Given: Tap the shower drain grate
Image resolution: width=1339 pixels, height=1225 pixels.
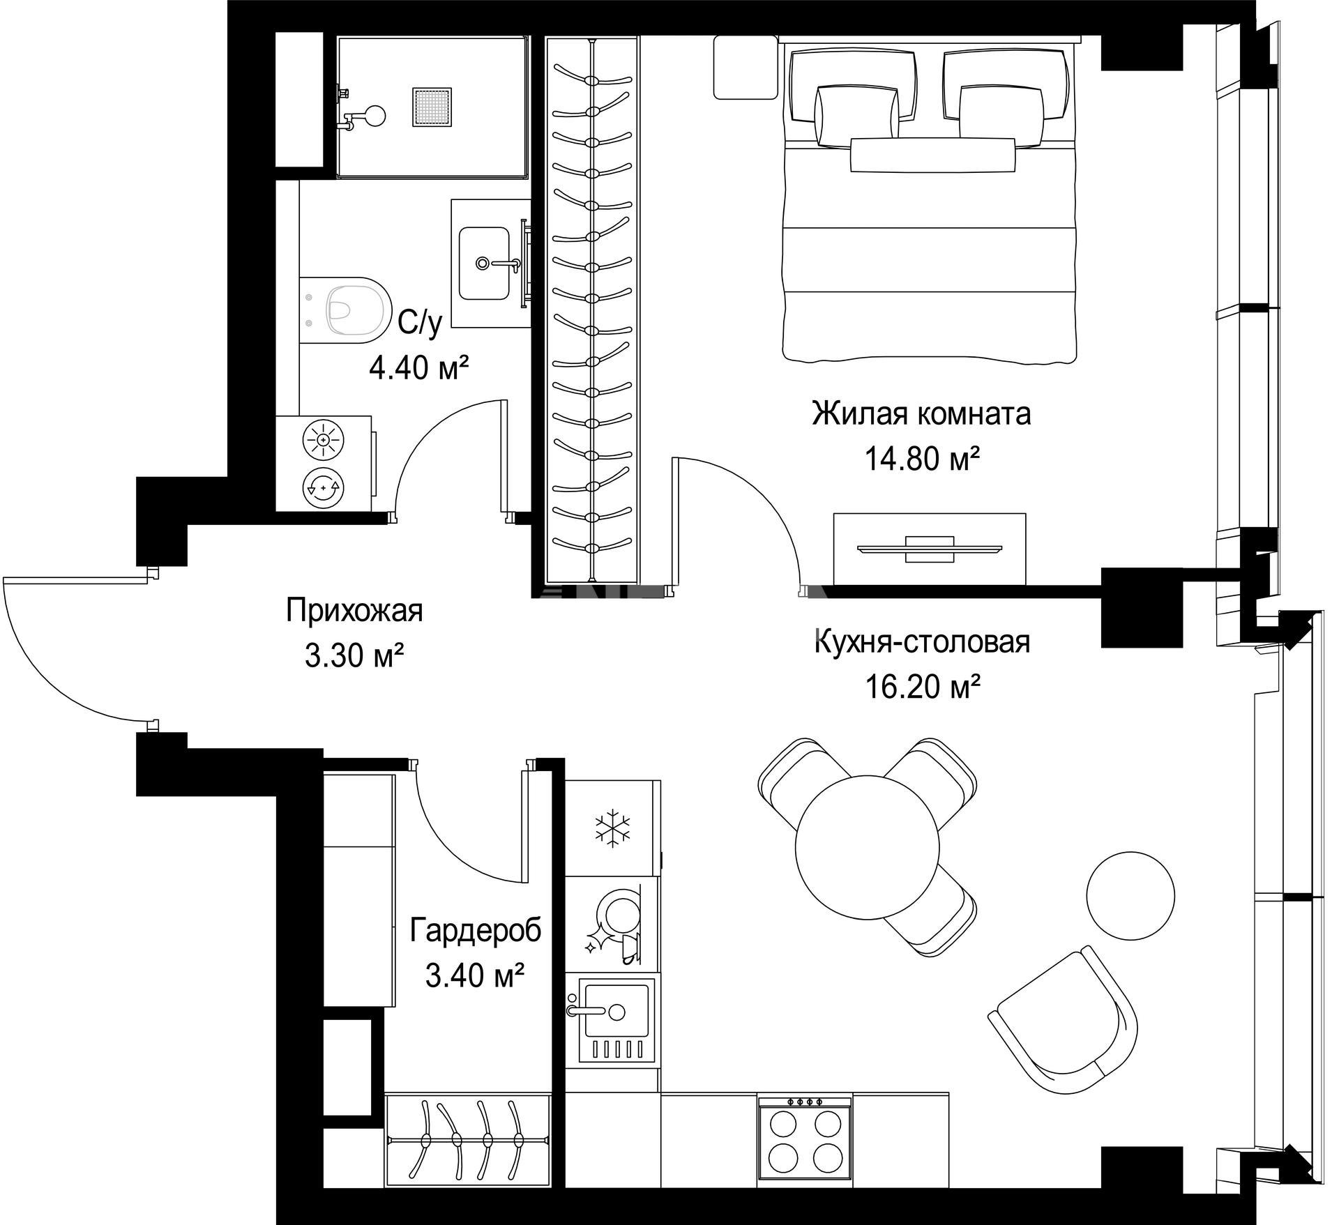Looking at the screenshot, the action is pyautogui.click(x=432, y=107).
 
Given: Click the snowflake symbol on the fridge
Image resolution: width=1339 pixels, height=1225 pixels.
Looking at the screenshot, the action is pyautogui.click(x=612, y=828).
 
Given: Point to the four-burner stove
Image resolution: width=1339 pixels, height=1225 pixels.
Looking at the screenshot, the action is pyautogui.click(x=805, y=1136).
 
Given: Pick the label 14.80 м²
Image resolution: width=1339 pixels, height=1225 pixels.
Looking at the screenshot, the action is pyautogui.click(x=922, y=459).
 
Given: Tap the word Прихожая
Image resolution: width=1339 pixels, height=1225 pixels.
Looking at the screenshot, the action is pyautogui.click(x=354, y=611).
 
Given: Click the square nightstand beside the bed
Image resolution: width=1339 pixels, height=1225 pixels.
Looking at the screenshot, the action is pyautogui.click(x=746, y=68).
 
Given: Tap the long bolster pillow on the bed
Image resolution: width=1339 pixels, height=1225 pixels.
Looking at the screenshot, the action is pyautogui.click(x=932, y=155).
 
